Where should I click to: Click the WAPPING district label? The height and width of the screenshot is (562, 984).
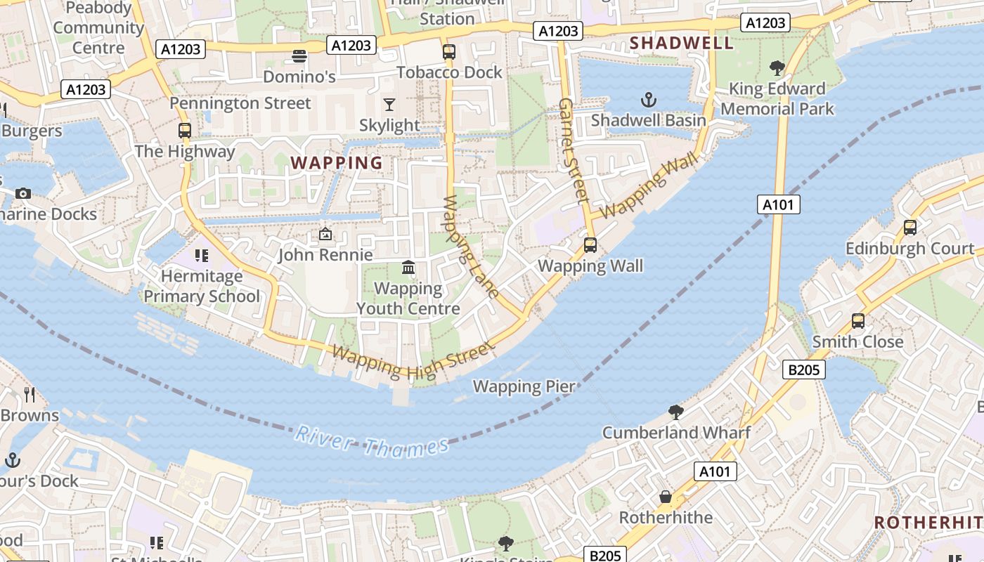pyautogui.click(x=337, y=163)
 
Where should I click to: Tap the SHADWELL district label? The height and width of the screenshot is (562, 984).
pyautogui.click(x=681, y=43)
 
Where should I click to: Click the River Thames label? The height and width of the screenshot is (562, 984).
pyautogui.click(x=371, y=441)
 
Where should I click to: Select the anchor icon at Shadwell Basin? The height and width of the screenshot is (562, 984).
pyautogui.click(x=649, y=100)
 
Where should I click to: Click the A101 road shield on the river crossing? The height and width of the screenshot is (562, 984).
pyautogui.click(x=779, y=205)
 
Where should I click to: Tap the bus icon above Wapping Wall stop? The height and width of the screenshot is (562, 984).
pyautogui.click(x=590, y=245)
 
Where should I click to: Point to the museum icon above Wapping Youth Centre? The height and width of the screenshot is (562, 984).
pyautogui.click(x=408, y=268)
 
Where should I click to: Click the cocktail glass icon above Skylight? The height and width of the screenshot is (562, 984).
pyautogui.click(x=389, y=105)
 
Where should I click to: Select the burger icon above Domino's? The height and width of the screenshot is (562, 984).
pyautogui.click(x=299, y=55)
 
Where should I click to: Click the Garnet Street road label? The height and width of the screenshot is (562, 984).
pyautogui.click(x=572, y=150)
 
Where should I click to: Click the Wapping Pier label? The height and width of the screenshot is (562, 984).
pyautogui.click(x=524, y=386)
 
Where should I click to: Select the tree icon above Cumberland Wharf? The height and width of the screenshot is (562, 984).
pyautogui.click(x=676, y=412)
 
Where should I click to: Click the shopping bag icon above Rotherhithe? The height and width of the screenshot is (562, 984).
pyautogui.click(x=665, y=497)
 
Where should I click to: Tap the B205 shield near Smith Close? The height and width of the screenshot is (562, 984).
pyautogui.click(x=804, y=370)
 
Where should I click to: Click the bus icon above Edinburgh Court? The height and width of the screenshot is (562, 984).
pyautogui.click(x=910, y=228)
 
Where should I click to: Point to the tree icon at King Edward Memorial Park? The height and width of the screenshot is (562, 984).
pyautogui.click(x=777, y=68)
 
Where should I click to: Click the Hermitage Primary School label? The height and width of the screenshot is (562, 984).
pyautogui.click(x=202, y=286)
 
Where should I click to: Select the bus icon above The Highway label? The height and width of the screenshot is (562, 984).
pyautogui.click(x=185, y=130)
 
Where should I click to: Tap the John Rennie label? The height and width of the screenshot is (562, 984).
pyautogui.click(x=325, y=254)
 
